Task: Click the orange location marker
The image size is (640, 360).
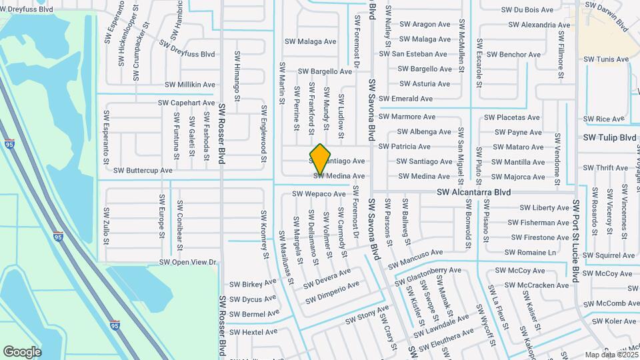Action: [x=321, y=160]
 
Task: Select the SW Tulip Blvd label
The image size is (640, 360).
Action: [x=609, y=137]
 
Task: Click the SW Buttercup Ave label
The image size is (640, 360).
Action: [x=143, y=170]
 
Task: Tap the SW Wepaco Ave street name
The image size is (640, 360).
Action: [x=319, y=194]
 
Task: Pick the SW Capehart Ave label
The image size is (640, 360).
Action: [x=187, y=103]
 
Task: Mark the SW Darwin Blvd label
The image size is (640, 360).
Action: [x=606, y=16]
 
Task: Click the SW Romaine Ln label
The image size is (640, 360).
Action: [x=530, y=253]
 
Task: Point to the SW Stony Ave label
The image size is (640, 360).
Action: [x=367, y=315]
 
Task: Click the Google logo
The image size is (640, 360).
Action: [x=22, y=351]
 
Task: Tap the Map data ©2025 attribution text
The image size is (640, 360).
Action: [x=610, y=355]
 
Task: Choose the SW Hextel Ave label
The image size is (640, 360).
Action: [x=253, y=332]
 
